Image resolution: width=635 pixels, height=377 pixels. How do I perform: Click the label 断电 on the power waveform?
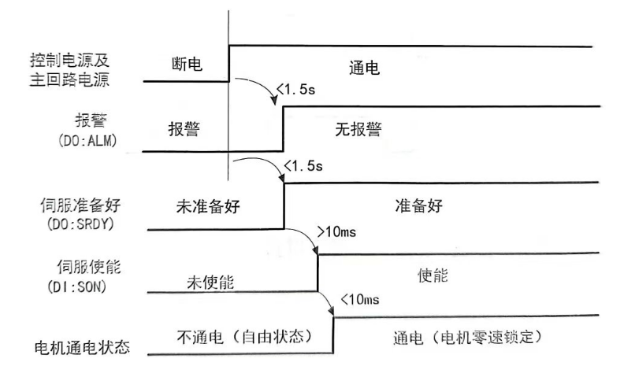click(187, 66)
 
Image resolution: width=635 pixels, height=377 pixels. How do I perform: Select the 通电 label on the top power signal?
click(364, 69)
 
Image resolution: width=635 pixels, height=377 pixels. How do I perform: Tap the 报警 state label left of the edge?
click(186, 130)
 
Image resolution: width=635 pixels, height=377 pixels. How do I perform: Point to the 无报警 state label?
click(358, 130)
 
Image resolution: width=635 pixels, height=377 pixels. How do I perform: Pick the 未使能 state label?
click(210, 282)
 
